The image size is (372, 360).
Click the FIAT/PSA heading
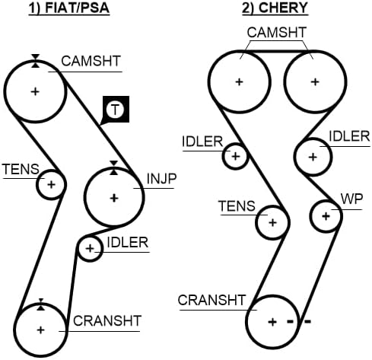(69, 8)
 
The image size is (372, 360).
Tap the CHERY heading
(275, 8)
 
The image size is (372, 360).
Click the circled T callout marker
(116, 110)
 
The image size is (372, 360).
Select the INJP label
(161, 179)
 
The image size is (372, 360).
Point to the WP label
(352, 199)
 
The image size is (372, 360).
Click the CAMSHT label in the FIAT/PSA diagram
(91, 61)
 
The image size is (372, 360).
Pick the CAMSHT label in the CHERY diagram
(277, 33)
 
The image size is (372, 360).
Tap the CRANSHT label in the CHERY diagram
(211, 300)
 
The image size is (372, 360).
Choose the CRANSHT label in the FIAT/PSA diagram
(107, 321)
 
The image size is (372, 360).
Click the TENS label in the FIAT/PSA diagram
(21, 169)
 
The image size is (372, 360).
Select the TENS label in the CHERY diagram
(237, 206)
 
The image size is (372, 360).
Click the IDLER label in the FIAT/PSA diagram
(128, 243)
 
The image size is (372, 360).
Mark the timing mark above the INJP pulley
(114, 167)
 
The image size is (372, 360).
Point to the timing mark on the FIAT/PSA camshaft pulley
(36, 61)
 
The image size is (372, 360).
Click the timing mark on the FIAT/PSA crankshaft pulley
(40, 304)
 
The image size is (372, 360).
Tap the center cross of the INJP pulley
(114, 198)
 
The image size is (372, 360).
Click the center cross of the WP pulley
(326, 216)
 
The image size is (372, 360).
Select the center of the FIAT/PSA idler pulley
(90, 249)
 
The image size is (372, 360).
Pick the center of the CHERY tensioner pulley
(272, 223)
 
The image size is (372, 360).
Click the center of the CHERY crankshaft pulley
(272, 322)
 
